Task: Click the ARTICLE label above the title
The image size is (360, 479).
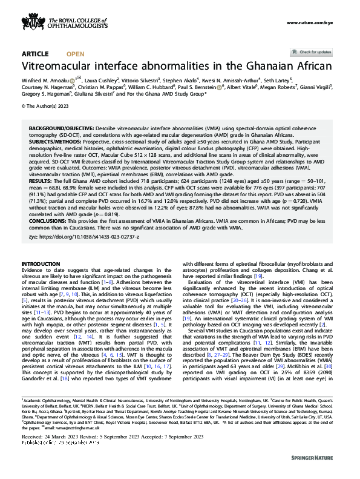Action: click(36, 54)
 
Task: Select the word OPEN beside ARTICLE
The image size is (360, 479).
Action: click(75, 54)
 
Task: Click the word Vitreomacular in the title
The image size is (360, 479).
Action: click(64, 66)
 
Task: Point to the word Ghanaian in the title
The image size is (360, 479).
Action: click(270, 66)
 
